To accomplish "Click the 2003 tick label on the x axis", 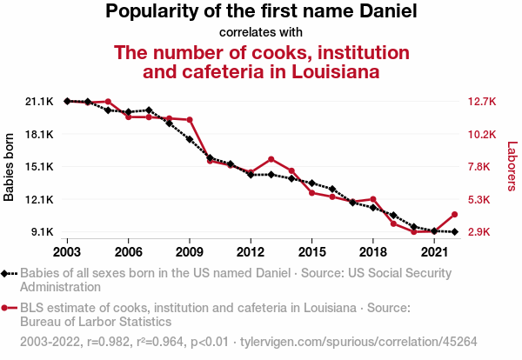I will [x=67, y=252].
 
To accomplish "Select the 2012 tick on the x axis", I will [x=251, y=252].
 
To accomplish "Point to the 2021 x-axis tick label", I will [x=433, y=252].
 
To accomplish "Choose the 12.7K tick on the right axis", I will [x=480, y=102].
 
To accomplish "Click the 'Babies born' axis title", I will [x=10, y=167].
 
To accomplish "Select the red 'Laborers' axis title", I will [x=512, y=167].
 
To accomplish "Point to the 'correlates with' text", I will [x=261, y=32].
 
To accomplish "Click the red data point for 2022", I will [x=454, y=214].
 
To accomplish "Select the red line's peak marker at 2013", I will [x=271, y=159].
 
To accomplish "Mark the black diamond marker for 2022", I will [x=454, y=232].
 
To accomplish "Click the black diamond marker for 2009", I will [x=190, y=139].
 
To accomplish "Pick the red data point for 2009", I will [x=190, y=120].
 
